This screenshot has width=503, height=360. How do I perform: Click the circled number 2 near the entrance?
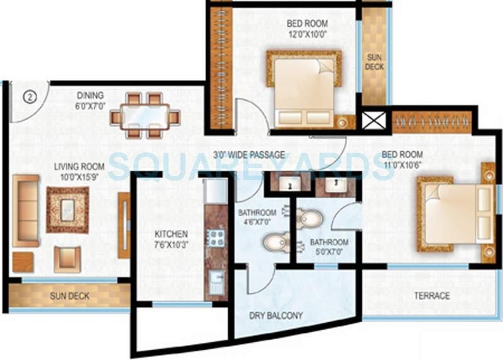pyautogui.click(x=29, y=97)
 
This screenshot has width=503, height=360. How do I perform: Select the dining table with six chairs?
pyautogui.click(x=145, y=116)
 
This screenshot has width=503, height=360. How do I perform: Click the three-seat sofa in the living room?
pyautogui.click(x=26, y=211)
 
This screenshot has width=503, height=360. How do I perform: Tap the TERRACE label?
pyautogui.click(x=431, y=295)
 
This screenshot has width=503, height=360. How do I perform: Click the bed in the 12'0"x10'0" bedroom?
pyautogui.click(x=306, y=89)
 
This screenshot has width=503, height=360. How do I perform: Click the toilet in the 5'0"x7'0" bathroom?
pyautogui.click(x=311, y=219)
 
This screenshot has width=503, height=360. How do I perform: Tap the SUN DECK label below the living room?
pyautogui.click(x=70, y=295)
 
